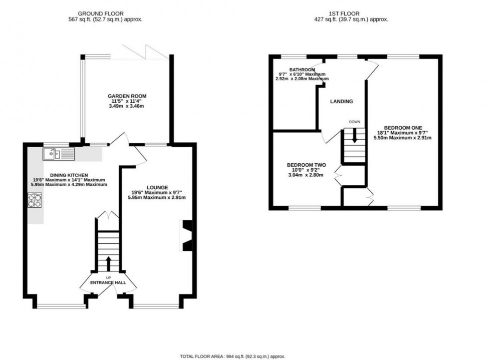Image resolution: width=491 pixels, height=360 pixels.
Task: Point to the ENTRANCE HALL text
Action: tap(108, 283)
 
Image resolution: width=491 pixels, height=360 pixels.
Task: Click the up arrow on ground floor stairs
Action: tap(108, 263)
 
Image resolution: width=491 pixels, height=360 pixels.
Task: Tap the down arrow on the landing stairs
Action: tap(355, 135)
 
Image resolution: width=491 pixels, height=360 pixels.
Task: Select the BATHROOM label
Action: tap(302, 70)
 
